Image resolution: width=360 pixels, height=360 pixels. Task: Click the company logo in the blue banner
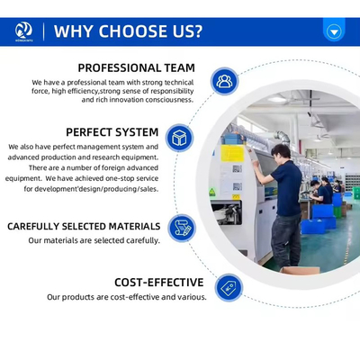[23, 31]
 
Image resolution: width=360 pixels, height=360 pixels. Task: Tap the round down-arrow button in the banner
[334, 31]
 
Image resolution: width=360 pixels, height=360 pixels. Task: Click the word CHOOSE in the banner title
[133, 31]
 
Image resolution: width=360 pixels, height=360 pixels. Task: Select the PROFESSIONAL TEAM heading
[137, 67]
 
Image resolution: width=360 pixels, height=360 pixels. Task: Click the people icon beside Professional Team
[224, 81]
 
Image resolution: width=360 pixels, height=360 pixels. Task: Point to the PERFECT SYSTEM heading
[112, 132]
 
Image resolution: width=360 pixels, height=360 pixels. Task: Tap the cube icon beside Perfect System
[179, 138]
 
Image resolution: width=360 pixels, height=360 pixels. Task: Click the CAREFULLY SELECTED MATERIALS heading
[84, 226]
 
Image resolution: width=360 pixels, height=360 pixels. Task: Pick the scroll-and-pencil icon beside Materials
[182, 229]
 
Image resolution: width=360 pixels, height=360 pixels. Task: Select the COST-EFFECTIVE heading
[159, 283]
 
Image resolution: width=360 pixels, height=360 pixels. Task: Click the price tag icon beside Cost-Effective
[229, 288]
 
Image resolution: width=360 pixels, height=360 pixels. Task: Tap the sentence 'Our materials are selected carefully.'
[94, 240]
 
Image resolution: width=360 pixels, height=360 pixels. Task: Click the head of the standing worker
[281, 152]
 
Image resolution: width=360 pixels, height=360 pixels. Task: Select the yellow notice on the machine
[232, 154]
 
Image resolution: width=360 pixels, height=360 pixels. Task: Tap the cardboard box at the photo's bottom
[301, 270]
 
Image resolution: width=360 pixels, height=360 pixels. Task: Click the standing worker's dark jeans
[286, 240]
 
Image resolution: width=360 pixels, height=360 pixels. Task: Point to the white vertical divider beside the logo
[44, 31]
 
